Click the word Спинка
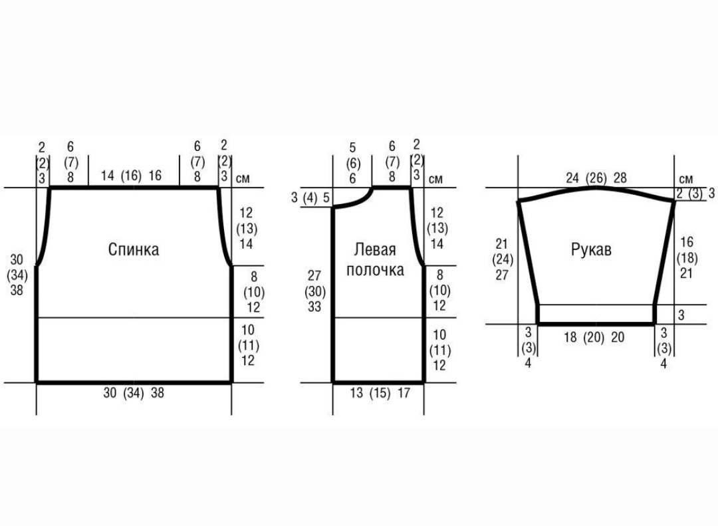(134, 250)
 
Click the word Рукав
(591, 250)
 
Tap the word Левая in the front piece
(374, 250)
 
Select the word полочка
(375, 271)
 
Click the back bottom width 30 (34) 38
(134, 393)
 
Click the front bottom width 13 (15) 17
(380, 393)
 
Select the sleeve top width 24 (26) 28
(596, 178)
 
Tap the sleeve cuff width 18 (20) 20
(594, 338)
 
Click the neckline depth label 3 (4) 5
(310, 198)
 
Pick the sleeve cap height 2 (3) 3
(695, 194)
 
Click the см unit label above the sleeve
(686, 179)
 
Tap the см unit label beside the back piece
(243, 178)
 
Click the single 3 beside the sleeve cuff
(681, 315)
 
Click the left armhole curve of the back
(44, 226)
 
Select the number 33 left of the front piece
(314, 307)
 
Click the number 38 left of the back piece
(17, 290)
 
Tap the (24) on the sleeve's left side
(503, 259)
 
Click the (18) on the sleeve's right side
(687, 258)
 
